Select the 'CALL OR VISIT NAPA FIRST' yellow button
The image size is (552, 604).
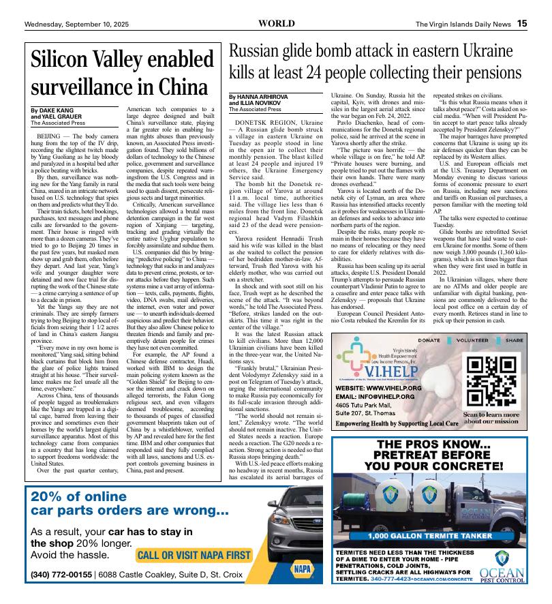(x=194, y=555)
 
